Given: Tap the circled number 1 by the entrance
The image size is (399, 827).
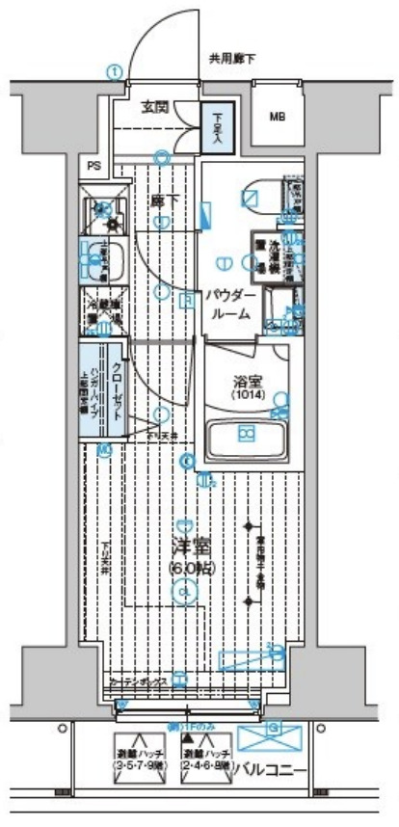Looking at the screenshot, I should coord(114,71).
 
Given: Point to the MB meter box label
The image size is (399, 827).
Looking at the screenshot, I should coord(278,118).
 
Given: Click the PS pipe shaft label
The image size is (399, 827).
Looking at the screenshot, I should coord(93,166).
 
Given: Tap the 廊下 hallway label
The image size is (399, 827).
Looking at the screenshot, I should coord(162,200).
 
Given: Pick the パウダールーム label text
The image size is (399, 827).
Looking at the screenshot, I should coord(227,304).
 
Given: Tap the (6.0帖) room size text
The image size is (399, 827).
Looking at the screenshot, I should coord(191,569).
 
